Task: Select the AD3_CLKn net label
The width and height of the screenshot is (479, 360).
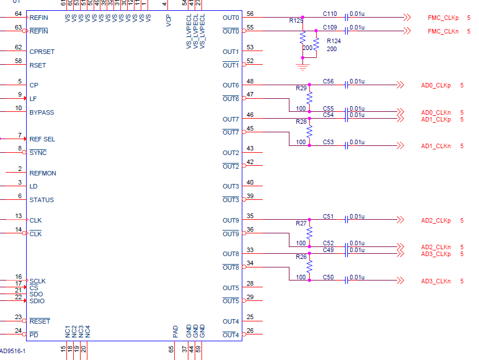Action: [436, 281]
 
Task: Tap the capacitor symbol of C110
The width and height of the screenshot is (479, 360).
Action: [346, 17]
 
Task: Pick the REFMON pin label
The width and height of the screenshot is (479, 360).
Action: [43, 173]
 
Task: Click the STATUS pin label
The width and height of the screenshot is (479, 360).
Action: [41, 200]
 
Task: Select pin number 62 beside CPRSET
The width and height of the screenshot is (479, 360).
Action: [18, 47]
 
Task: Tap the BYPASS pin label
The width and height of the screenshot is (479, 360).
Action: [41, 112]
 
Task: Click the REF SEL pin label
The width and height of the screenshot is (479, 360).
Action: [42, 139]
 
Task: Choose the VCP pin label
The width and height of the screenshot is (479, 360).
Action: [169, 21]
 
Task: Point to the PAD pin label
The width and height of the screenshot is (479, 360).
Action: [175, 331]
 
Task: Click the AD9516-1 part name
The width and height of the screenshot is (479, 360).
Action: [12, 351]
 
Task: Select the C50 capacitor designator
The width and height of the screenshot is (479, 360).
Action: [329, 277]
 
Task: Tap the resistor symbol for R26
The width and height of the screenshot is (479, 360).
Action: [309, 266]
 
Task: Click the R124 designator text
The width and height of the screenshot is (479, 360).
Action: [334, 41]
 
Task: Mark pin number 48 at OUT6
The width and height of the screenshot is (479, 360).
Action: [250, 81]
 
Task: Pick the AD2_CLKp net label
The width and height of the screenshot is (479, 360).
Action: [436, 220]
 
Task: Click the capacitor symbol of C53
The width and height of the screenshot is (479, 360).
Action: [346, 145]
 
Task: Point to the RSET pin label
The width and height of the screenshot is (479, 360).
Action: [37, 65]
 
